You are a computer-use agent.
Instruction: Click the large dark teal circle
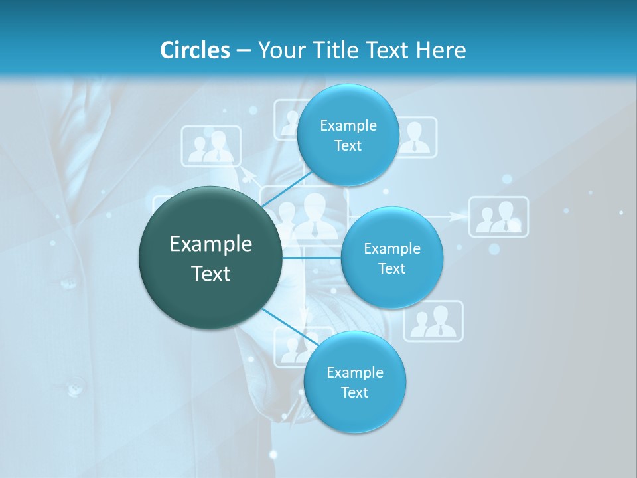pos(210,258)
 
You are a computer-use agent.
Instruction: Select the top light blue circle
pos(348,135)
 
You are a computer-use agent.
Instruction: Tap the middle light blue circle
pos(391,258)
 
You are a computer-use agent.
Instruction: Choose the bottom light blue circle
pos(354,382)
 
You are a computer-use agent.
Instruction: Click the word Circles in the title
pos(195,50)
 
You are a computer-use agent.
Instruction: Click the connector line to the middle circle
pos(312,258)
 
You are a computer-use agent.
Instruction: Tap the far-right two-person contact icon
pos(499,216)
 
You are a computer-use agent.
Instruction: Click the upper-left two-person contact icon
pos(211,146)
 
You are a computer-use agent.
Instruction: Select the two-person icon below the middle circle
pos(433,321)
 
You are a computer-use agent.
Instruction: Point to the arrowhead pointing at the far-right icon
pos(457,216)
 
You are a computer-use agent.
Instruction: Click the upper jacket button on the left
pos(68,283)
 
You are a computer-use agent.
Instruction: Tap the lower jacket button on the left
pos(74,386)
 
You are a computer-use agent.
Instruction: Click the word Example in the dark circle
pos(210,244)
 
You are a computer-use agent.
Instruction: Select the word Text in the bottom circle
pos(354,392)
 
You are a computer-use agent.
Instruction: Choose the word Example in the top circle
pos(348,125)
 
